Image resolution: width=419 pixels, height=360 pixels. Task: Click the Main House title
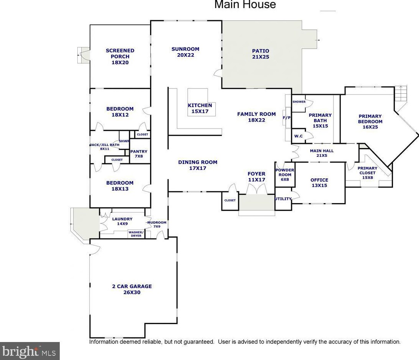[245, 5]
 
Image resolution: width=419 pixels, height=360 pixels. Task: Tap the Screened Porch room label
[120, 56]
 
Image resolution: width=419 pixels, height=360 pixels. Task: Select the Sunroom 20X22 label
[185, 52]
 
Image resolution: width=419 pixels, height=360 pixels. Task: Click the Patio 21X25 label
[260, 54]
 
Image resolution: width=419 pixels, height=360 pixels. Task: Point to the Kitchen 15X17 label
[200, 108]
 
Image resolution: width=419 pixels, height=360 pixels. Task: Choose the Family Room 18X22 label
[256, 117]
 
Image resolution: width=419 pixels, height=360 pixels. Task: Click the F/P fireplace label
[286, 118]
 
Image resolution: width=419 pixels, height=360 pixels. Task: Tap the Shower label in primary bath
[299, 102]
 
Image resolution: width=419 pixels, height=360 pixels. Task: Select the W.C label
[299, 136]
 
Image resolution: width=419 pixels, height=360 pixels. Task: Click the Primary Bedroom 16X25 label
[370, 121]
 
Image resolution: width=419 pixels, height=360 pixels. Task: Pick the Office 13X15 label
[319, 182]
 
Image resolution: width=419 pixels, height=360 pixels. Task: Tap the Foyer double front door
[256, 189]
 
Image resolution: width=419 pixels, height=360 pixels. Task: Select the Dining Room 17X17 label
[198, 165]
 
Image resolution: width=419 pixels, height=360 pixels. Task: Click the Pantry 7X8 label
[139, 154]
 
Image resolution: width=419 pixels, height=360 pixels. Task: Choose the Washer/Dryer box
[136, 234]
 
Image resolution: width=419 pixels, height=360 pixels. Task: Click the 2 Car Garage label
[132, 289]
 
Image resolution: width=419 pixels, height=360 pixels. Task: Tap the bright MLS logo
[29, 351]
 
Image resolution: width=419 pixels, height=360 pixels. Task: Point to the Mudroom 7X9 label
[157, 224]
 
